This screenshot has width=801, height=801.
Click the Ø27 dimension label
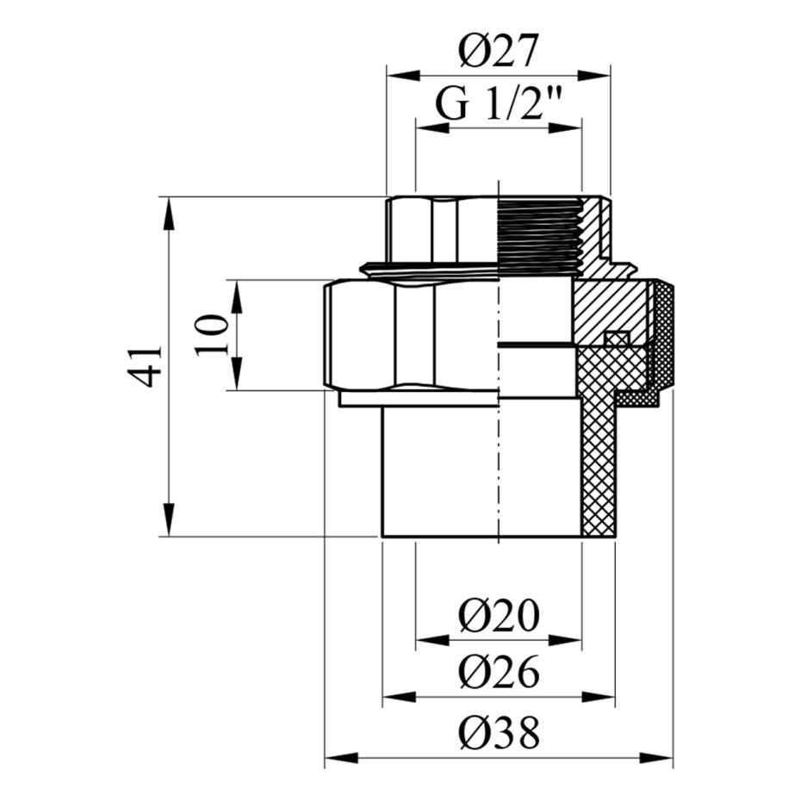click(498, 52)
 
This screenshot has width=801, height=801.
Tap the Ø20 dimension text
click(499, 615)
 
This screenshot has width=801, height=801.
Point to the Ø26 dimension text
click(499, 673)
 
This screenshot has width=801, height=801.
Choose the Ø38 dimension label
click(499, 732)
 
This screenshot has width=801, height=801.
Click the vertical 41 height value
click(145, 366)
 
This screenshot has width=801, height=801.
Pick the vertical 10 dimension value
click(210, 334)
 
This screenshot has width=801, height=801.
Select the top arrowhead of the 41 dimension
click(169, 213)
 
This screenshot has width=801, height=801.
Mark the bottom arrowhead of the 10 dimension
click(236, 374)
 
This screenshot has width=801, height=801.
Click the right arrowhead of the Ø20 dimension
click(566, 640)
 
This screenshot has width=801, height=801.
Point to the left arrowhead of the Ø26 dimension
click(400, 697)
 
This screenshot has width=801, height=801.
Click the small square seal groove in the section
click(617, 338)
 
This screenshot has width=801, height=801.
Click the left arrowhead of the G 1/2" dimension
click(432, 128)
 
